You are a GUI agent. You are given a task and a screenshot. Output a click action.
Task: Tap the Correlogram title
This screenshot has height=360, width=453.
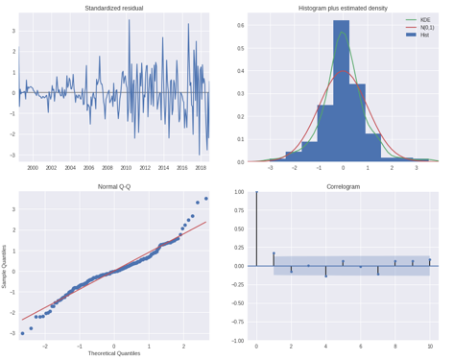[x=344, y=186]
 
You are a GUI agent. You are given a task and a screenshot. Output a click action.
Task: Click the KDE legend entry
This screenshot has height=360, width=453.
[x=426, y=19]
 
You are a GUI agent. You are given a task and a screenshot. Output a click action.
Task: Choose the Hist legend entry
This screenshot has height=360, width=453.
[x=426, y=35]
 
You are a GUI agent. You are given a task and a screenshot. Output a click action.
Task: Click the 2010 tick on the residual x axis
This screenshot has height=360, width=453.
[x=125, y=167]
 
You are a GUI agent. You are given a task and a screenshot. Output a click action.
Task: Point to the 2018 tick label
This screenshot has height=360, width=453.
[x=200, y=167]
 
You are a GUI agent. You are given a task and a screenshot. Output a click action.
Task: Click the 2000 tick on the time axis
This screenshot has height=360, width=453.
[x=33, y=167]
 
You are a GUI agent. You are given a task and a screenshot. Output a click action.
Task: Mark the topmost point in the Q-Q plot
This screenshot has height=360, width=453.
[x=205, y=198]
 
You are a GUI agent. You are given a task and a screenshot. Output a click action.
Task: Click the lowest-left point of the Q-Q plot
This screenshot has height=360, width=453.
[x=23, y=333]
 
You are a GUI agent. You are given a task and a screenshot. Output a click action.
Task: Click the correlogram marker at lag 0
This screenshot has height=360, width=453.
[x=256, y=192]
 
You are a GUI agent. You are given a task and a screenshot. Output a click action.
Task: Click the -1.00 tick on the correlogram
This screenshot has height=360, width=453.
[x=237, y=341]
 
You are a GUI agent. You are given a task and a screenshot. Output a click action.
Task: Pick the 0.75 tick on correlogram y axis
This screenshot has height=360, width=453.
[x=239, y=210]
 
